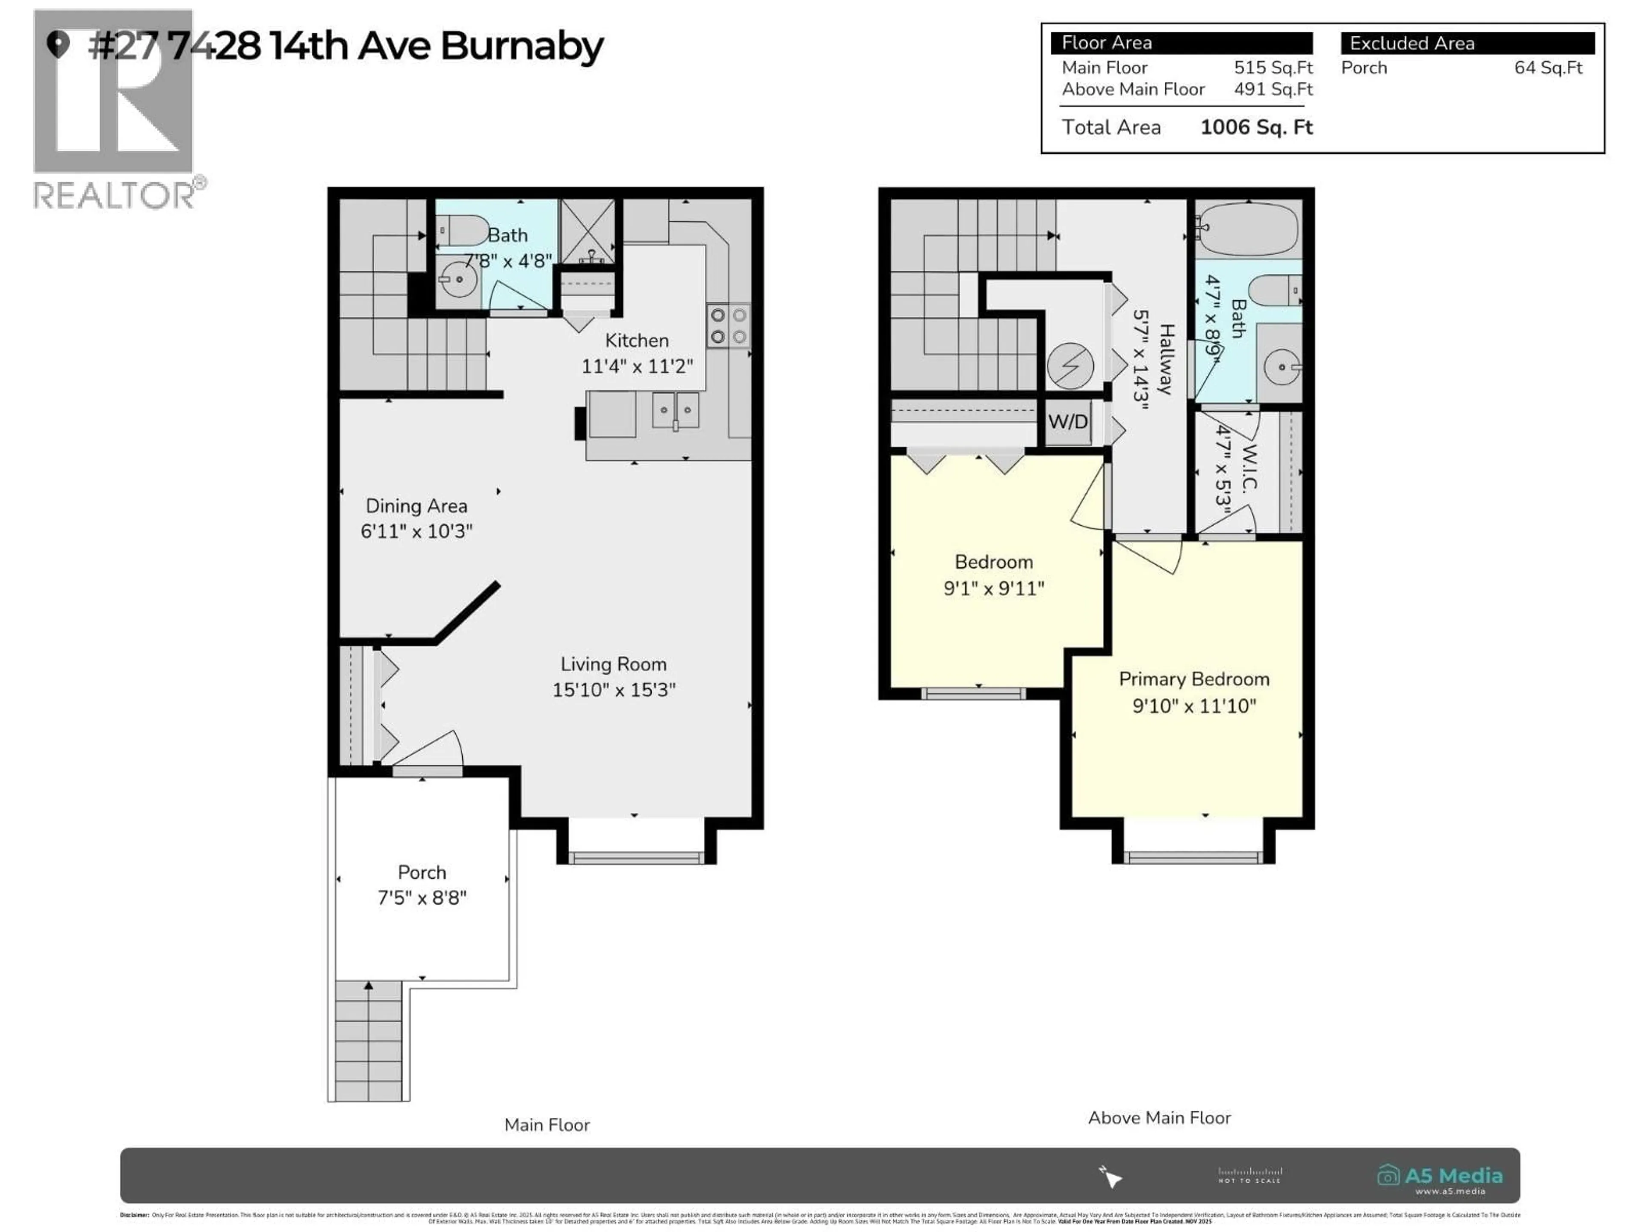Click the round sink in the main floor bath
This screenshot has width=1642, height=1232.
(x=458, y=280)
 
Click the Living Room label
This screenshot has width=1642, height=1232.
(x=613, y=664)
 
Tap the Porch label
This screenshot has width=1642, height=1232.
(x=422, y=872)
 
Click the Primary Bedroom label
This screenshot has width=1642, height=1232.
(x=1193, y=679)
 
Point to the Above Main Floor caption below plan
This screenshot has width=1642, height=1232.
(x=1159, y=1118)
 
